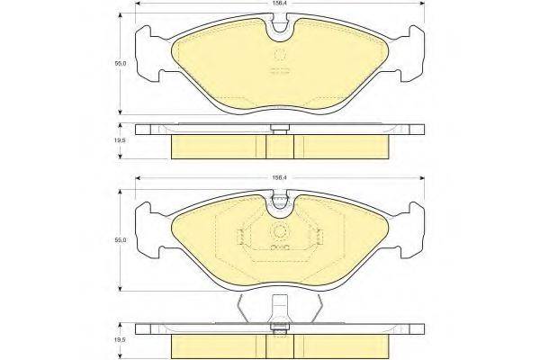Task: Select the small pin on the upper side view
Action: (x=280, y=132)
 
